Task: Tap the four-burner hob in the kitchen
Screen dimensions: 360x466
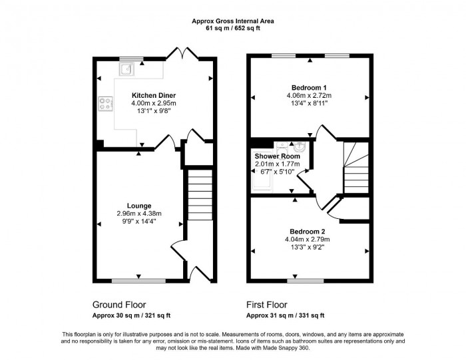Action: pyautogui.click(x=105, y=103)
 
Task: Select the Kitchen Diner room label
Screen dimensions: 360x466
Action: pyautogui.click(x=153, y=95)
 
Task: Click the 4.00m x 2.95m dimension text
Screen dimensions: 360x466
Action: pyautogui.click(x=153, y=103)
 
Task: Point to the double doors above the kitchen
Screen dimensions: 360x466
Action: pyautogui.click(x=179, y=53)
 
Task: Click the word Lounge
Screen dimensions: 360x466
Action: pyautogui.click(x=139, y=205)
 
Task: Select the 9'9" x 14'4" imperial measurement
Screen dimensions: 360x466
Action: pyautogui.click(x=139, y=222)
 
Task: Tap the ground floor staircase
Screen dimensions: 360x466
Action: pyautogui.click(x=198, y=194)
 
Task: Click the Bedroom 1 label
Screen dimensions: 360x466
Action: pyautogui.click(x=309, y=88)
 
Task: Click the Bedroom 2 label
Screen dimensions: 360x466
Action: pyautogui.click(x=309, y=231)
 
